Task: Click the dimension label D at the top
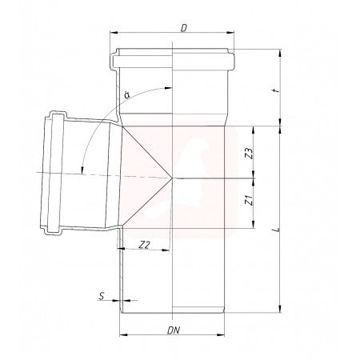183,28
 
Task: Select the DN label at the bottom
174,330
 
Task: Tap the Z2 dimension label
145,245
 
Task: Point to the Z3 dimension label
249,153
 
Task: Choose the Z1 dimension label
249,200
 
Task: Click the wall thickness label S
102,296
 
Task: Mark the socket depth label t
278,90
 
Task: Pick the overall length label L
278,229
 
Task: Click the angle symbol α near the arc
127,94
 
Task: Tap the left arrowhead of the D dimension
114,33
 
